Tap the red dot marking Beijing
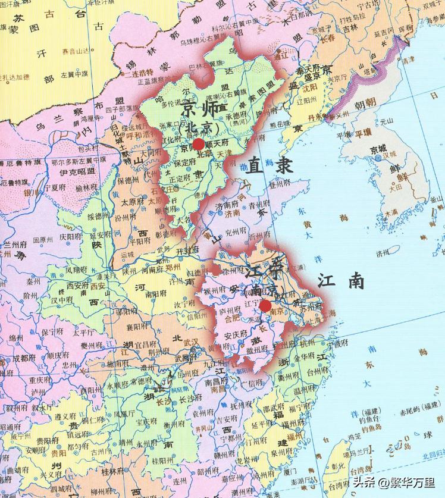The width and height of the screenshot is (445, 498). click(198, 145)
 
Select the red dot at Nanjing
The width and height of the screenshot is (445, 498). click(265, 306)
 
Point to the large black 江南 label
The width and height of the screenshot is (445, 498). click(341, 281)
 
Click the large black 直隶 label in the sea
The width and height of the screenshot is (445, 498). click(271, 165)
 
